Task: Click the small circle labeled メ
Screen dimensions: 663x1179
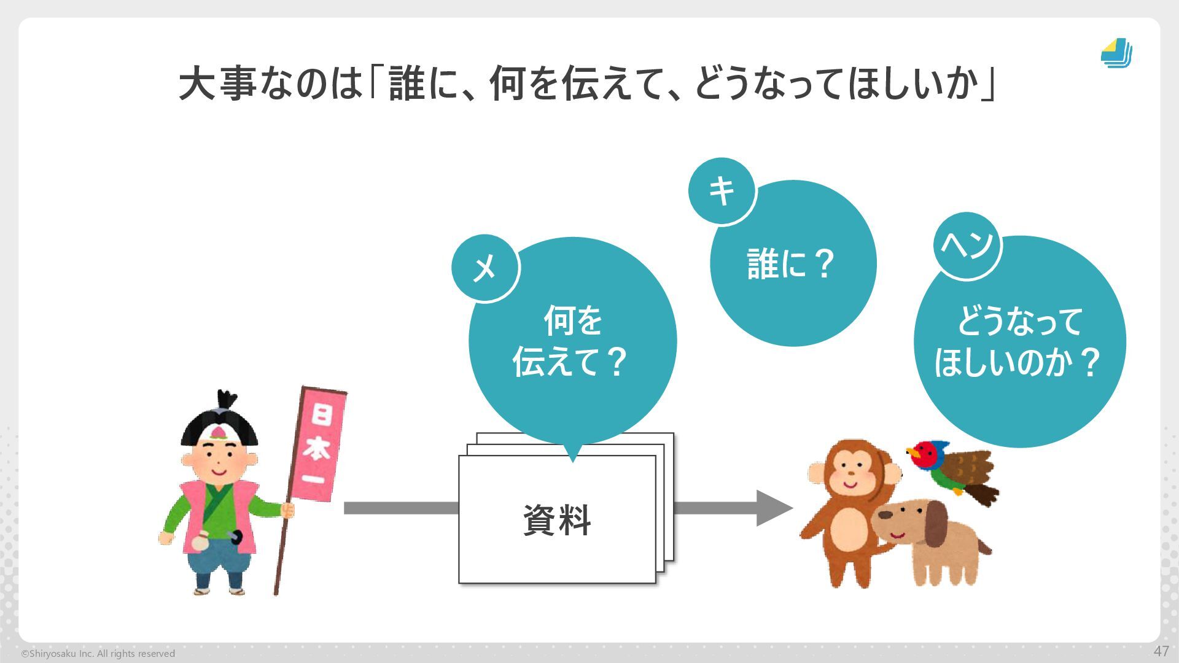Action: tap(485, 268)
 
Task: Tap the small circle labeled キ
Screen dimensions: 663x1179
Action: tap(722, 192)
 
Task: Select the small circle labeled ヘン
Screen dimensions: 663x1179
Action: tap(967, 246)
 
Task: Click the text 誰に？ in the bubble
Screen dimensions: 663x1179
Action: tap(791, 264)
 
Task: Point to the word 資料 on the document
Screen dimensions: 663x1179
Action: tap(557, 521)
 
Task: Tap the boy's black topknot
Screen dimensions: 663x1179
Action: tap(227, 400)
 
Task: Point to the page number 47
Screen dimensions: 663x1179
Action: tap(1161, 651)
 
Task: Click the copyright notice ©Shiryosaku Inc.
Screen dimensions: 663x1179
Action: tap(98, 654)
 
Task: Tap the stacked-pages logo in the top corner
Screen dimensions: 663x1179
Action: tap(1116, 53)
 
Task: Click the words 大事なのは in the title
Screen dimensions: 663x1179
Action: tap(270, 84)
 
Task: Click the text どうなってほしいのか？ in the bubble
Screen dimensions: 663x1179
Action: tap(1018, 342)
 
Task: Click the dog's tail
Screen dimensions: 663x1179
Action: tap(984, 546)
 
